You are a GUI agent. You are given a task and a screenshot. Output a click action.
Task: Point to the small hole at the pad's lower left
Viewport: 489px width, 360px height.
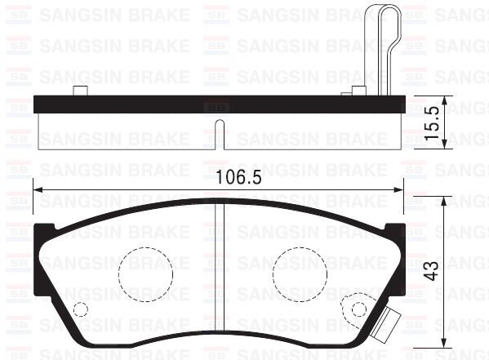tap(80, 309)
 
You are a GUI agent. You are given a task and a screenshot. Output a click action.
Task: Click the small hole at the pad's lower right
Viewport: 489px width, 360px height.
tap(358, 309)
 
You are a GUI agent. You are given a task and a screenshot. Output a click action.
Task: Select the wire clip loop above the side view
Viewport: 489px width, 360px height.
tap(383, 41)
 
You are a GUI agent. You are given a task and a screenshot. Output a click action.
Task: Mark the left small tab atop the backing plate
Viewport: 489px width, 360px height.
tap(79, 91)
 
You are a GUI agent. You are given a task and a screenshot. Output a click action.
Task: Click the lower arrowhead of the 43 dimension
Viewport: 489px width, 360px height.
tap(443, 344)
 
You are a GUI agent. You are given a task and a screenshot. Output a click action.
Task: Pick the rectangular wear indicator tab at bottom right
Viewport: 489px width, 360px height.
tap(380, 333)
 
